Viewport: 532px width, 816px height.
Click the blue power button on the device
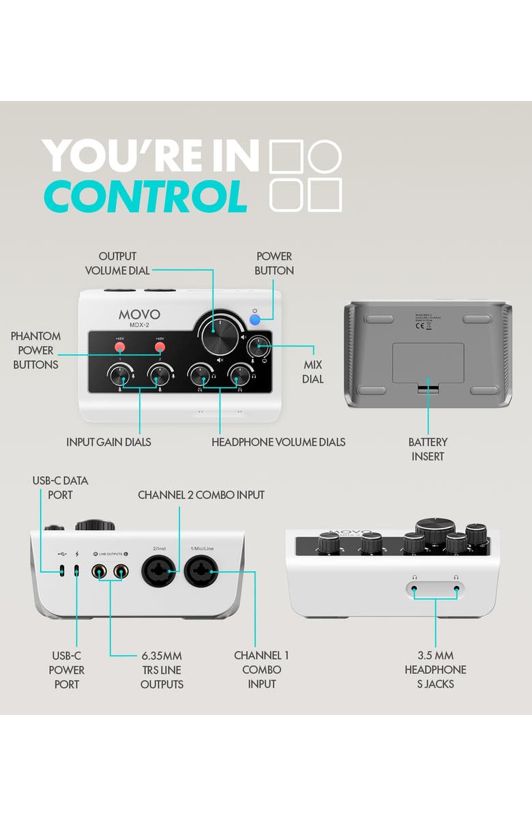[x=255, y=319]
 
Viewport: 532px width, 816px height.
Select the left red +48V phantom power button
[x=120, y=347]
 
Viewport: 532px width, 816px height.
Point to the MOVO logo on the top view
[x=139, y=315]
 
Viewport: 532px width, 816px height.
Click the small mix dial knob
[x=257, y=347]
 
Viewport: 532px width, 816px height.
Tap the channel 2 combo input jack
[x=160, y=570]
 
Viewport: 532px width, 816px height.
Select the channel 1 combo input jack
[x=201, y=570]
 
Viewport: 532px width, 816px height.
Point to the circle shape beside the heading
[x=324, y=156]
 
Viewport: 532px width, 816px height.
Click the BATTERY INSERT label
[x=429, y=449]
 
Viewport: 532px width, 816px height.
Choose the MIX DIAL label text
[x=313, y=372]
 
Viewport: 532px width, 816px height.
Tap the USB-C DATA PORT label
[x=60, y=487]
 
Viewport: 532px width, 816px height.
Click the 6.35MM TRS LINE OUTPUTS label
[x=162, y=669]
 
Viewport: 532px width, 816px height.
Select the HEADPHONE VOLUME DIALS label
[x=278, y=442]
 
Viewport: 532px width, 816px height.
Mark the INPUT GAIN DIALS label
[x=108, y=442]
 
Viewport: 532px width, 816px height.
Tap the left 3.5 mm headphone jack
[x=413, y=587]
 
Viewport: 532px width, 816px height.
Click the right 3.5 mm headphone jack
[x=456, y=587]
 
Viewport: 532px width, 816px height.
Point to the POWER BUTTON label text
[x=275, y=263]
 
